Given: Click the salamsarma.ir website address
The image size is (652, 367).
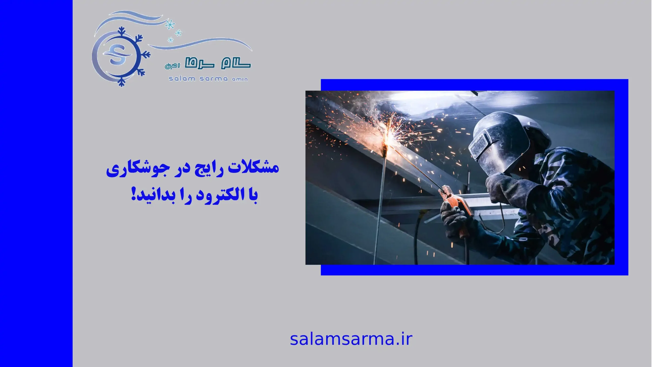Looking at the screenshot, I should tap(351, 339).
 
